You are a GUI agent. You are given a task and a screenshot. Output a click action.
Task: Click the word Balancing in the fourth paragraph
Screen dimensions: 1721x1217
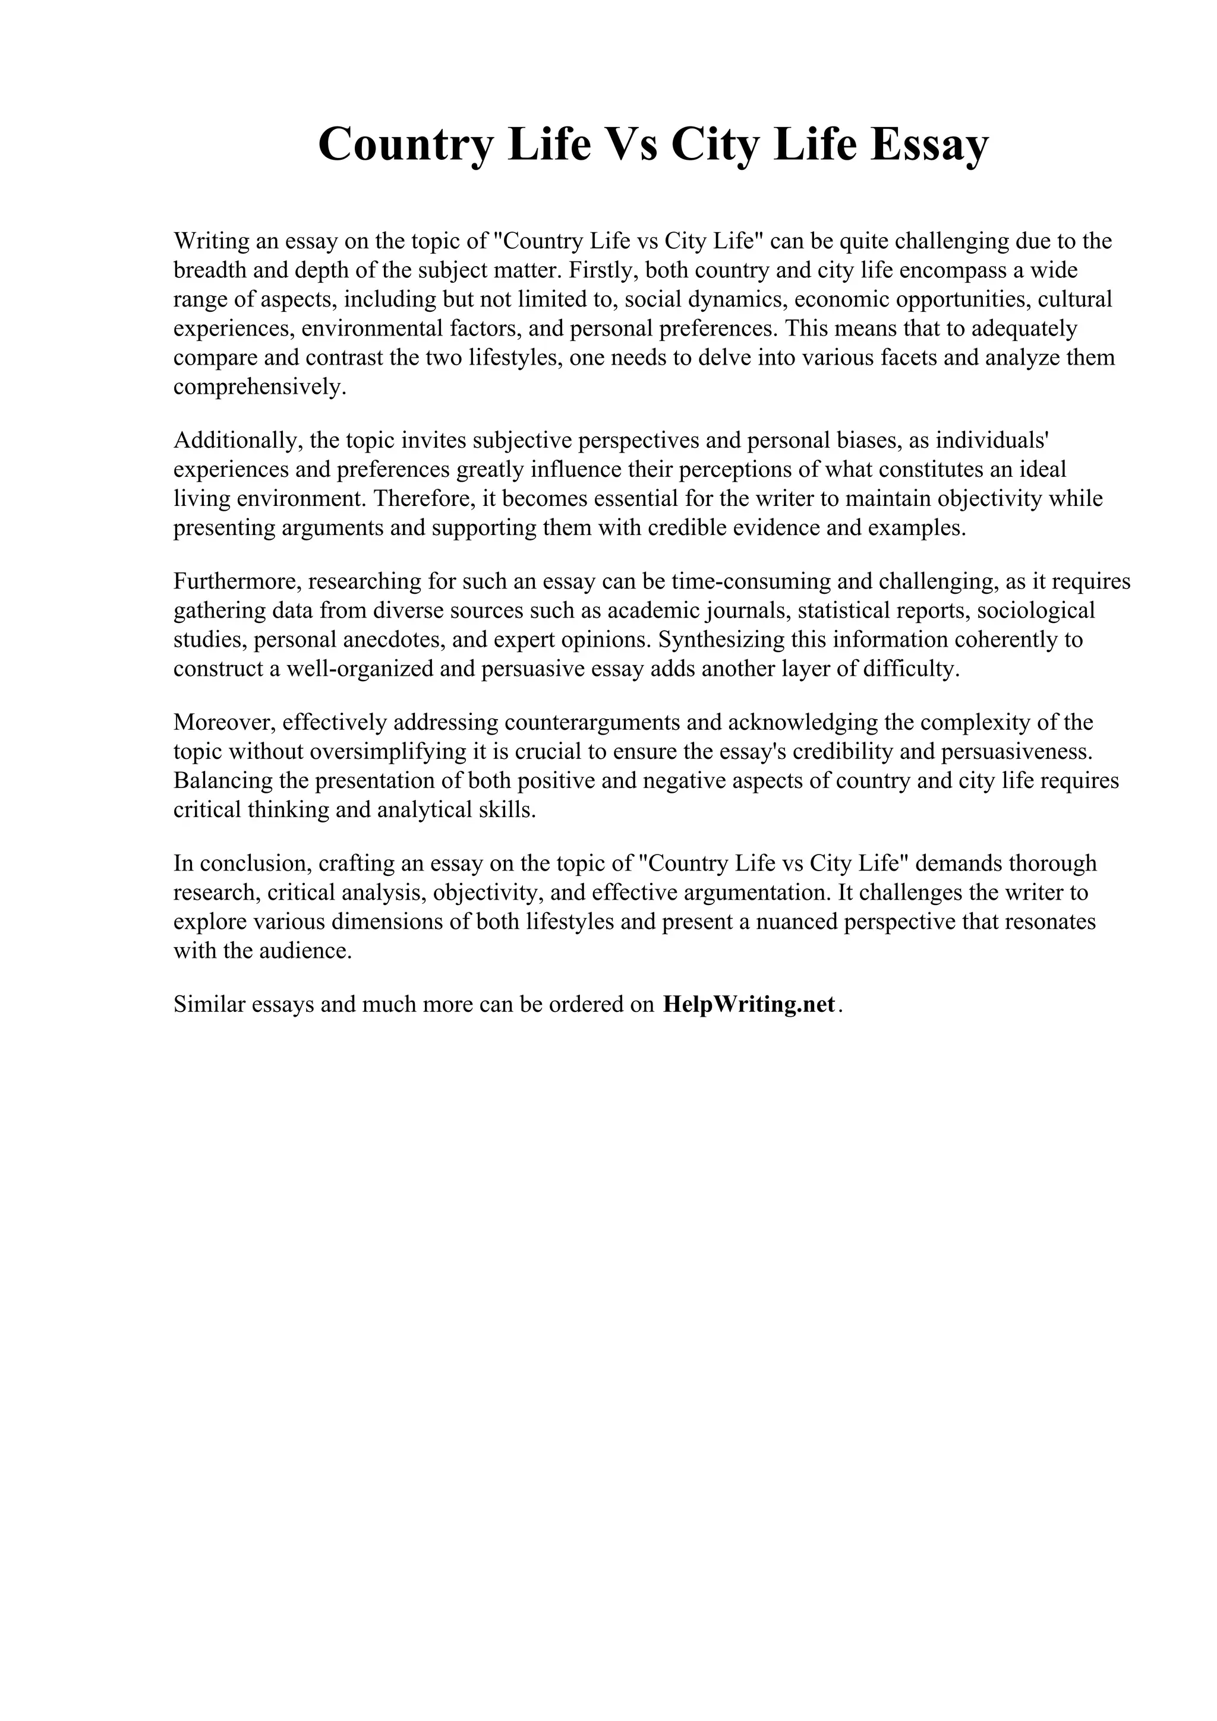click(223, 780)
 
